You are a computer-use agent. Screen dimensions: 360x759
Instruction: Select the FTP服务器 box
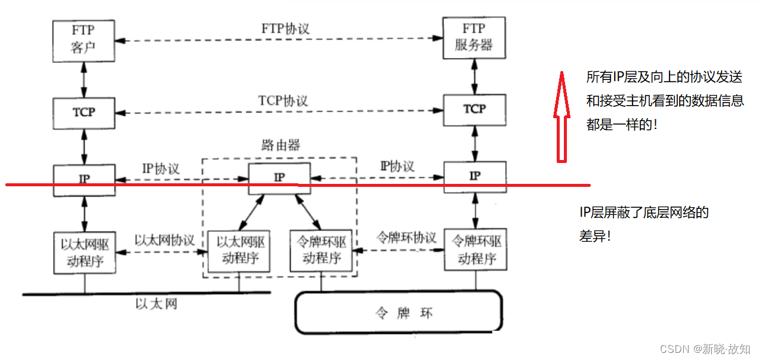(474, 38)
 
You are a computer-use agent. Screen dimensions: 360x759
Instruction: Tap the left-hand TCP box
(84, 112)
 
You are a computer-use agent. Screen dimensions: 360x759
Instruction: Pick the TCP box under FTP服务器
(474, 109)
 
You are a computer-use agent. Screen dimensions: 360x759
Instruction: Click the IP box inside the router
(279, 177)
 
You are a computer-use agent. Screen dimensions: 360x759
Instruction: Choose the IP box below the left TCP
(84, 179)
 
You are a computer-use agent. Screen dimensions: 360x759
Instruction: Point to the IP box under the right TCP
(474, 176)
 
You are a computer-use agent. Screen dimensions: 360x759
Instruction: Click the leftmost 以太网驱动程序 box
(84, 253)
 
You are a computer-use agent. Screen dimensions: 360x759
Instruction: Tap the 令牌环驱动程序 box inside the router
(321, 250)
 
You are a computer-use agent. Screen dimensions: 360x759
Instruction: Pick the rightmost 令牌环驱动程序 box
(476, 250)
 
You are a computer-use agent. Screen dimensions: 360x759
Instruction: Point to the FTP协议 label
(285, 29)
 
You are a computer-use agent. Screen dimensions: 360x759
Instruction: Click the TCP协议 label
(283, 100)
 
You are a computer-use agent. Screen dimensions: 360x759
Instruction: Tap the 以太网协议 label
(165, 240)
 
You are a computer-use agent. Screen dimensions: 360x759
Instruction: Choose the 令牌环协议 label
(406, 237)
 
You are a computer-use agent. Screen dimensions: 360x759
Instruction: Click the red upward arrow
(560, 116)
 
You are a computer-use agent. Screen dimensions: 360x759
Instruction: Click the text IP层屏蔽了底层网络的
(644, 213)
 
